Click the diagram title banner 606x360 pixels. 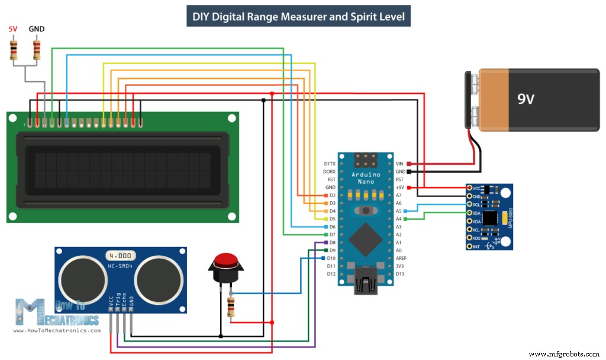pyautogui.click(x=299, y=16)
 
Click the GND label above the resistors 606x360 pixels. pyautogui.click(x=37, y=29)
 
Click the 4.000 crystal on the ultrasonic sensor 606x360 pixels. pyautogui.click(x=121, y=256)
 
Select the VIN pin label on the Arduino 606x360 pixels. pyautogui.click(x=399, y=163)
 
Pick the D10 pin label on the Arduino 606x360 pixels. pyautogui.click(x=330, y=258)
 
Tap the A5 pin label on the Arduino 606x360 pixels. pyautogui.click(x=399, y=211)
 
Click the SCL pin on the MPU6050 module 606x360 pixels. pyautogui.click(x=476, y=204)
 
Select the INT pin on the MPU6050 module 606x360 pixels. pyautogui.click(x=476, y=246)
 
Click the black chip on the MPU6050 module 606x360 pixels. pyautogui.click(x=491, y=218)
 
